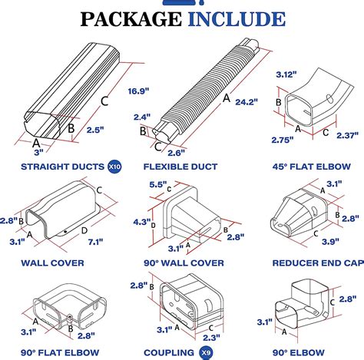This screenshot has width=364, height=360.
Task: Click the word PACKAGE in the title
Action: click(131, 19)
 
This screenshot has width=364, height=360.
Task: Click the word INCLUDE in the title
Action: click(237, 19)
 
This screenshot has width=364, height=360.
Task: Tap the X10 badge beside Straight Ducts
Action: click(114, 167)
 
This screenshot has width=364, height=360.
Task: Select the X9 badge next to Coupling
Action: click(206, 353)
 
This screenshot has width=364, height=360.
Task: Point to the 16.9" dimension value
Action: click(138, 91)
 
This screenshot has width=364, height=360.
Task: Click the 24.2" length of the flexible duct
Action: click(247, 102)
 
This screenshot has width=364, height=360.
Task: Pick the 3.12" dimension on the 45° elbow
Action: click(286, 74)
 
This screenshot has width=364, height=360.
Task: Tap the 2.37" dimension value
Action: click(347, 135)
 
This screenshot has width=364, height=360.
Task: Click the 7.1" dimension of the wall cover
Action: click(95, 242)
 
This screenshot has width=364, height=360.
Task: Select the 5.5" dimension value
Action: click(158, 184)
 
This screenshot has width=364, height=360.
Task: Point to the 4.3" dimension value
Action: click(141, 222)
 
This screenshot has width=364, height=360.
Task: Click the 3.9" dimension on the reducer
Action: click(330, 241)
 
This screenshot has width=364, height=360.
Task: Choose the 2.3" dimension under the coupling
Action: click(211, 338)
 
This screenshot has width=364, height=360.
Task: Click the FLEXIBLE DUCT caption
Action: click(180, 167)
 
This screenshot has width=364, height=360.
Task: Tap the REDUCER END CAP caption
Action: click(318, 263)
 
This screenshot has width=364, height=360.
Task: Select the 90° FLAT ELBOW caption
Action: click(60, 352)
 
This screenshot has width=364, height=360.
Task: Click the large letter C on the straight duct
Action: click(104, 101)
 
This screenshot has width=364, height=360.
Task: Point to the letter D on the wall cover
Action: click(84, 230)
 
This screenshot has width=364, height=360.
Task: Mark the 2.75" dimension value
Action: click(283, 140)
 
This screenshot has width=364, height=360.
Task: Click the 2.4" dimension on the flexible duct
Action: click(142, 117)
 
